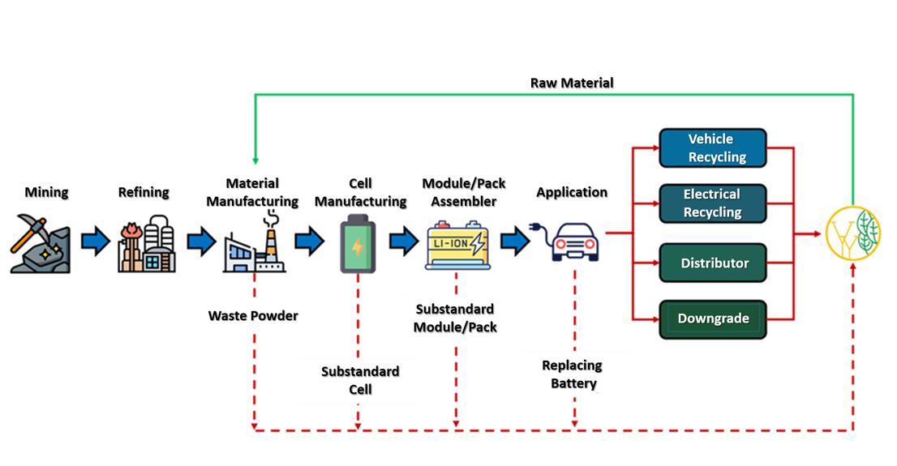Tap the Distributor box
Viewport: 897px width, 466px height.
[x=713, y=263]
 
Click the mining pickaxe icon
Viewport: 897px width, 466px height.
[x=40, y=243]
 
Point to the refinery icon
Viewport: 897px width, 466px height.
[x=147, y=243]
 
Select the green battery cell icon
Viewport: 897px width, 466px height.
[x=357, y=242]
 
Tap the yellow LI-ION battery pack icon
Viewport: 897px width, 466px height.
[x=456, y=243]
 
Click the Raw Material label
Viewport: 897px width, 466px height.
[x=572, y=83]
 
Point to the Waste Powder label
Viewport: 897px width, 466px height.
[x=253, y=315]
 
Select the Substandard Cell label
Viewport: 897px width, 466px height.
[x=360, y=380]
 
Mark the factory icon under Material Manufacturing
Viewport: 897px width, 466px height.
[x=252, y=243]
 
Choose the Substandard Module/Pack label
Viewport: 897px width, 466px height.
[x=455, y=319]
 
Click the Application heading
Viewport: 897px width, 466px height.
[x=572, y=192]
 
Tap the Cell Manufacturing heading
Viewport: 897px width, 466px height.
[x=360, y=192]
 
